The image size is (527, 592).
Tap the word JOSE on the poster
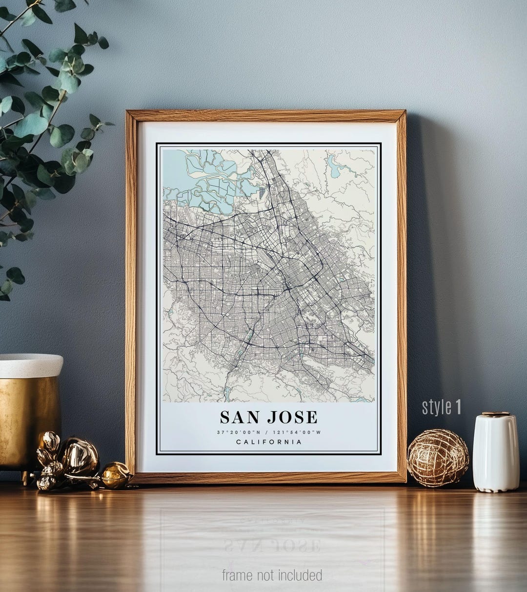292,417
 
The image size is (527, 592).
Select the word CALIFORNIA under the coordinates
269,442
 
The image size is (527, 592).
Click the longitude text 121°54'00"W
297,432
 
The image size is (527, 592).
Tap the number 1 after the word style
458,407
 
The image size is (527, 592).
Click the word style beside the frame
437,407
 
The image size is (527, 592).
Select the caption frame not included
272,575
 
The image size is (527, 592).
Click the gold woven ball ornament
438,458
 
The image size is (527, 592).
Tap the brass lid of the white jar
495,414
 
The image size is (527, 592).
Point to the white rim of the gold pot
30,365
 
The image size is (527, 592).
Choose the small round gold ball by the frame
115,475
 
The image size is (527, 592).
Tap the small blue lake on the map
334,168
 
